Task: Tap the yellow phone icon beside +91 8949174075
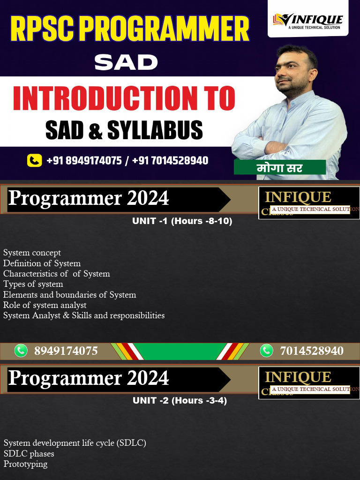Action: [x=35, y=161]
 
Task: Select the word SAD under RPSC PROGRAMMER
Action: [x=126, y=62]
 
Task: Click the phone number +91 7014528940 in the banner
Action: [x=170, y=161]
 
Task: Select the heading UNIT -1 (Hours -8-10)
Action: [x=182, y=221]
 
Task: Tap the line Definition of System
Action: [x=42, y=263]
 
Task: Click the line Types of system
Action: [x=33, y=284]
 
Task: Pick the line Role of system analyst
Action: [x=45, y=305]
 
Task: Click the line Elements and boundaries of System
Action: [x=69, y=295]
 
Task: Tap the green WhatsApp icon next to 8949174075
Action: [x=21, y=350]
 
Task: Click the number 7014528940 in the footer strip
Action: [x=311, y=351]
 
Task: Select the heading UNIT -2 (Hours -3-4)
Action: [x=180, y=401]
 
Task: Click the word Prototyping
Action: [x=25, y=464]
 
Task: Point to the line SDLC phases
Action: [x=29, y=454]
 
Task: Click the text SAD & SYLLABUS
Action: [x=124, y=130]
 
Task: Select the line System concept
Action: [x=32, y=253]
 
